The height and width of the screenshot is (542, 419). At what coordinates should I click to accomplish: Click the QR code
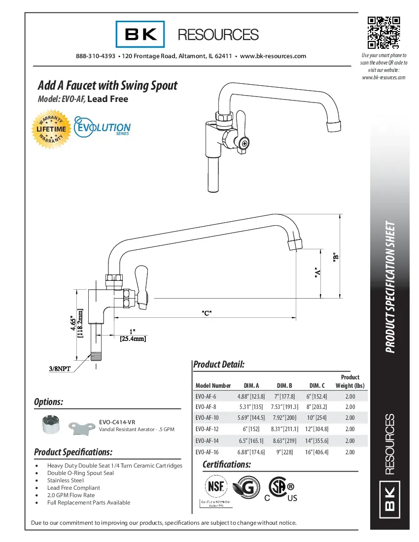384,33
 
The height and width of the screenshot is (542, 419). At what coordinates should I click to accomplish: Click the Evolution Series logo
102,127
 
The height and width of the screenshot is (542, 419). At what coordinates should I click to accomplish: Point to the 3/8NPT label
62,368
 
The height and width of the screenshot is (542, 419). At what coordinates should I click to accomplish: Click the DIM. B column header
284,385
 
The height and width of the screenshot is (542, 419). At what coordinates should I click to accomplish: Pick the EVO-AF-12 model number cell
206,429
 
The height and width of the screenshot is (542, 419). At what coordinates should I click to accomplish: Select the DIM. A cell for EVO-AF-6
251,396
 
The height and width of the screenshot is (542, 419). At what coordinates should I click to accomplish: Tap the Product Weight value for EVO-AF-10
350,417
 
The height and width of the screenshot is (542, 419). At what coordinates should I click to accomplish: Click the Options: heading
49,402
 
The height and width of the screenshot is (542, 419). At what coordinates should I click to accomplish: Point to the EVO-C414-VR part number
117,422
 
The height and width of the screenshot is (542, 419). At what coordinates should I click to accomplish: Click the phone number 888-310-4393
96,56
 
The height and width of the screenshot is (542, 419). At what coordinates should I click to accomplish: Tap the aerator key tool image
80,426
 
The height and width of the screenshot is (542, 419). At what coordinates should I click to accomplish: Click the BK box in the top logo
140,34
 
